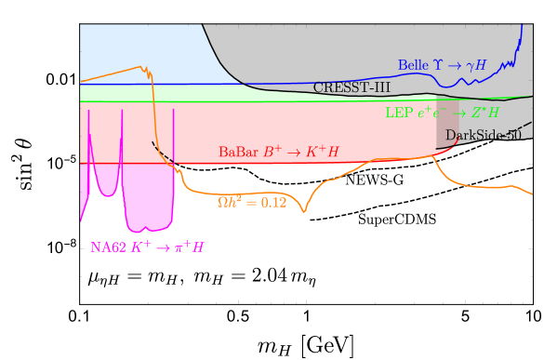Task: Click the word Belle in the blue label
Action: coord(412,66)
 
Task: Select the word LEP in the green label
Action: coord(397,113)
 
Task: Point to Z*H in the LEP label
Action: coord(485,113)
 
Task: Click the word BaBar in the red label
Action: coord(237,152)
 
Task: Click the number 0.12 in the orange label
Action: coord(271,202)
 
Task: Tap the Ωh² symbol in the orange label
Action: coord(230,202)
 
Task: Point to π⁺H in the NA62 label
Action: coord(188,247)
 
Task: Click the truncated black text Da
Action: coord(452,136)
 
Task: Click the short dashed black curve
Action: coord(161,152)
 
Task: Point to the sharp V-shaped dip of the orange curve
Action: coord(304,212)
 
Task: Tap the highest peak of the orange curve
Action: coord(142,66)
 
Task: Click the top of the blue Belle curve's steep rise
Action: coord(522,26)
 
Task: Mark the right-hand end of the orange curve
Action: coord(532,194)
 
